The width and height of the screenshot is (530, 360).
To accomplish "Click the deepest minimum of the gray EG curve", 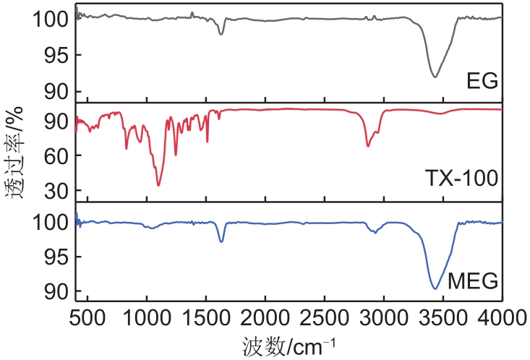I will click(435, 77).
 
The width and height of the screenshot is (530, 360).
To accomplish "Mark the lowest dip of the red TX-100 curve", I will click(158, 186).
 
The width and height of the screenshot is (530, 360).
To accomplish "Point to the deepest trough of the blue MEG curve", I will click(435, 288).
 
